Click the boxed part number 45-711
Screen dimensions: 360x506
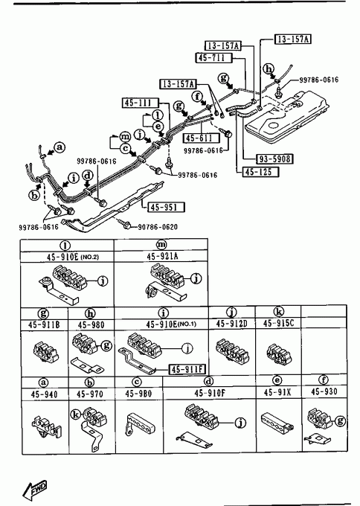[x=214, y=58]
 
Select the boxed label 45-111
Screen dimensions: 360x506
[x=141, y=103]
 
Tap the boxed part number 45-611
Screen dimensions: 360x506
[x=202, y=138]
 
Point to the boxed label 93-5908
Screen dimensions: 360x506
[x=275, y=158]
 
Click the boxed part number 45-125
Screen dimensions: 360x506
[x=260, y=172]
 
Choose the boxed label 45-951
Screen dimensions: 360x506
[x=167, y=207]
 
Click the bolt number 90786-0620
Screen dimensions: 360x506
[x=158, y=227]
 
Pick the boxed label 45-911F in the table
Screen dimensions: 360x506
[x=187, y=369]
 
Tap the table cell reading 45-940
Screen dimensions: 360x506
[x=44, y=394]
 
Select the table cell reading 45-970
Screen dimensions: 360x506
[x=90, y=394]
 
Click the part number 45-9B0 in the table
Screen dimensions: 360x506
[x=138, y=394]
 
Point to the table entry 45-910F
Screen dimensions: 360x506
[x=210, y=393]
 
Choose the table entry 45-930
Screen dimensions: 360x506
[x=324, y=391]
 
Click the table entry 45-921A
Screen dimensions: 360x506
[x=162, y=256]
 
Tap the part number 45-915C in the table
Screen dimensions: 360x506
[x=279, y=323]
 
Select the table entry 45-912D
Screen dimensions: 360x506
[x=231, y=324]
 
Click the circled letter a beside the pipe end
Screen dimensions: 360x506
[x=60, y=147]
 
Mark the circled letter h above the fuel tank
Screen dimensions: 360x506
[x=269, y=68]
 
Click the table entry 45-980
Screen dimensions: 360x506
[x=91, y=324]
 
